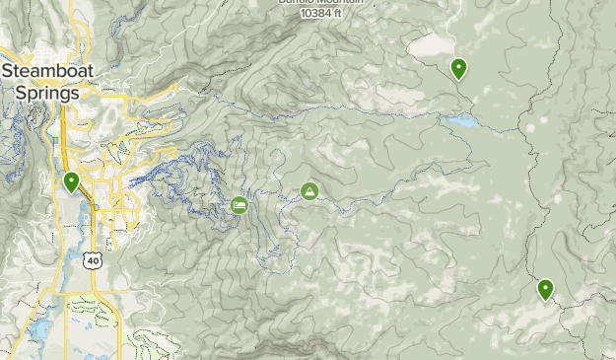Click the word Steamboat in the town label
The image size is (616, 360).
click(47, 71)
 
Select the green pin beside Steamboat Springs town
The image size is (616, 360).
click(71, 182)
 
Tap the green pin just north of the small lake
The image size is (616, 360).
click(458, 69)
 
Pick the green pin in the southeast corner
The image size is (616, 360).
click(545, 290)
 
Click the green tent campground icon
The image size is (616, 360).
click(309, 190)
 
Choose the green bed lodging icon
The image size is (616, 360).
click(240, 204)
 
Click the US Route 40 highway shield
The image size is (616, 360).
click(93, 260)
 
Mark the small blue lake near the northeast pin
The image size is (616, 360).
click(460, 122)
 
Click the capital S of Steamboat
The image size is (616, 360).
click(8, 71)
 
